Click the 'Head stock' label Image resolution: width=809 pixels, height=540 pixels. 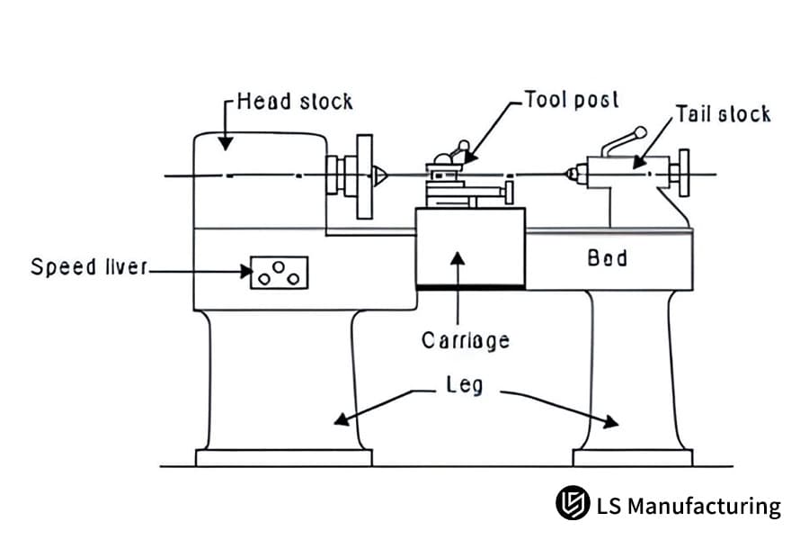[295, 101]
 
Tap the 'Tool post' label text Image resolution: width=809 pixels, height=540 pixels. [572, 99]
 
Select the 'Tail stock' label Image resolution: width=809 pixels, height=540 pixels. [723, 113]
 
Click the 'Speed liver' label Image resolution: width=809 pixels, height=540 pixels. [87, 267]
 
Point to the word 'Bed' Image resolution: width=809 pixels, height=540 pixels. [607, 258]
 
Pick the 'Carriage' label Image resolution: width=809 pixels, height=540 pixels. [465, 340]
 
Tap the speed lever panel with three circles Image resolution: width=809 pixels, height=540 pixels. [279, 273]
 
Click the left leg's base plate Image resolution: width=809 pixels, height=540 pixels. [283, 457]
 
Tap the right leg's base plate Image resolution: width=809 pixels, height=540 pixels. [633, 457]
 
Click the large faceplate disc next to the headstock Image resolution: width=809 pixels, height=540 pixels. [364, 176]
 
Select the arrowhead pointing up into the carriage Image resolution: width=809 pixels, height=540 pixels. [458, 258]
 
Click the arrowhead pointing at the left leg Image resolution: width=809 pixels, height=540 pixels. [338, 418]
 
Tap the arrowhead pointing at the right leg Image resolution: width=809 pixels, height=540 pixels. [611, 421]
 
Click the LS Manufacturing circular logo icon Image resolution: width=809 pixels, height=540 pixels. [572, 504]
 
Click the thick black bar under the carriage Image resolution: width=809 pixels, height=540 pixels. [470, 287]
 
